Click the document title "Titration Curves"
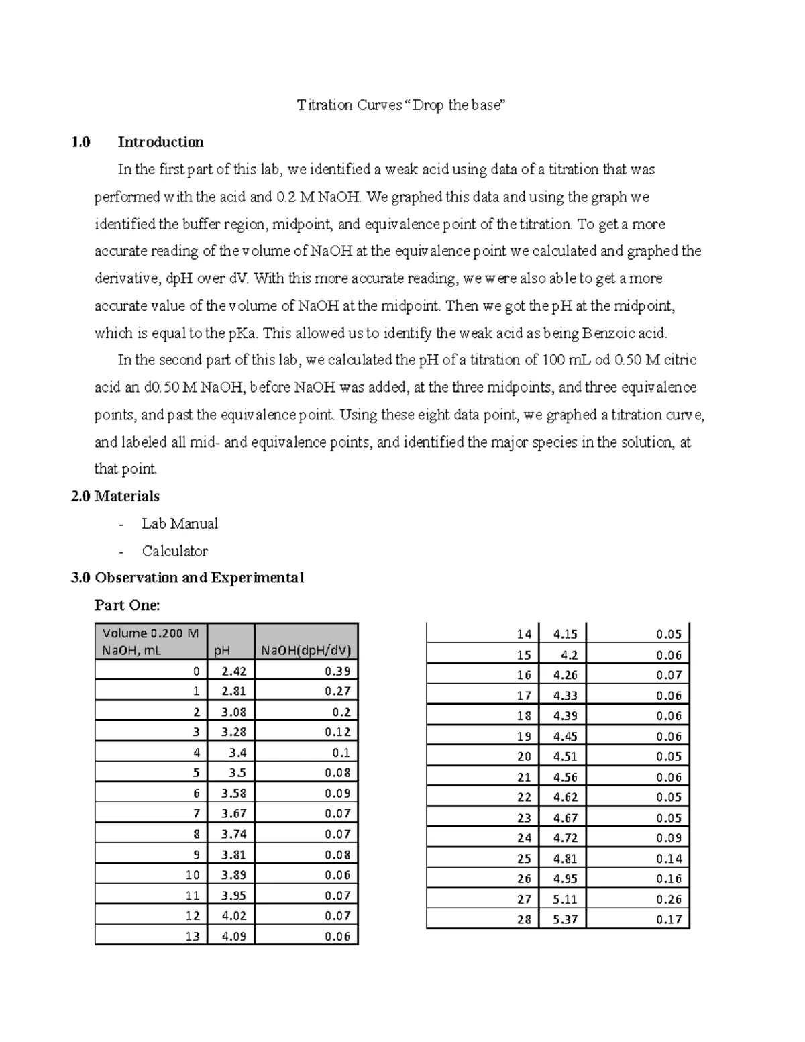click(x=350, y=105)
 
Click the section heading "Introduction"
click(x=160, y=142)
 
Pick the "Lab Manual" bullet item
click(x=180, y=524)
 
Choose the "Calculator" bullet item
click(x=174, y=552)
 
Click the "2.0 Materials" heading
click(x=115, y=497)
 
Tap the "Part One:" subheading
click(x=127, y=605)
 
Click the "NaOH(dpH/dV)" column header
click(x=306, y=650)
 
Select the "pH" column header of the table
click(x=221, y=650)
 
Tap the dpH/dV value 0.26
click(x=668, y=899)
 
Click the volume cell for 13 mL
click(x=193, y=936)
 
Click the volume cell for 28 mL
click(x=524, y=919)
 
